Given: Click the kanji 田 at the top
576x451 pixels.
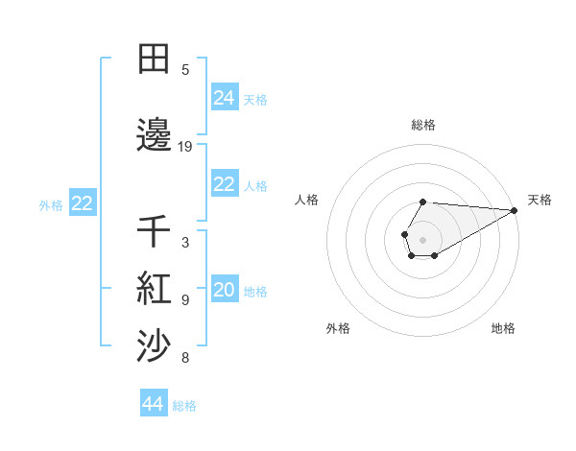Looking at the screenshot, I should point(154,59).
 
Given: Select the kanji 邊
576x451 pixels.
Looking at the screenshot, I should point(154,135).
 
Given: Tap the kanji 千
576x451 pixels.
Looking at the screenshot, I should point(154,231).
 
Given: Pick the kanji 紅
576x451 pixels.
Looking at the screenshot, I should point(154,287).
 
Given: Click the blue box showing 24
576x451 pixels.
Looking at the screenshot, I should point(225,98).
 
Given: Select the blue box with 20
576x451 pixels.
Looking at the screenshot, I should point(225,291).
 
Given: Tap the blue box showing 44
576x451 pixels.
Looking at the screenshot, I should point(154,404).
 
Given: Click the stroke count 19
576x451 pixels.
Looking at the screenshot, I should point(185,147).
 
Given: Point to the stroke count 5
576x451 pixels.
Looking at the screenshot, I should point(185,70).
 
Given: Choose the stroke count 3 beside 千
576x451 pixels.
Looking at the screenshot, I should point(185,243).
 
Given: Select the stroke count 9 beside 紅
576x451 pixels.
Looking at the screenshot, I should point(185,300).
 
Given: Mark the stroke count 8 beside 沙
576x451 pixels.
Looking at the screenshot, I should point(185,359).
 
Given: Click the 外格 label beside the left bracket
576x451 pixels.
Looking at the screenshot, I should point(51,204).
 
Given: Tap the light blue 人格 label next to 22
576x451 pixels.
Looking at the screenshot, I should point(255,186).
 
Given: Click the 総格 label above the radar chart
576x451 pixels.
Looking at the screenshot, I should point(423,125).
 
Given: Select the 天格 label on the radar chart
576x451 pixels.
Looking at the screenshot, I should point(540,200).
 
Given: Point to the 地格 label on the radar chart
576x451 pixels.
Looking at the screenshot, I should point(503,328).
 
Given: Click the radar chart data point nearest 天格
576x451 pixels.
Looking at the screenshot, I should point(515,210).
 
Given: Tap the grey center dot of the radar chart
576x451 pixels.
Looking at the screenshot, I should point(423,240).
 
